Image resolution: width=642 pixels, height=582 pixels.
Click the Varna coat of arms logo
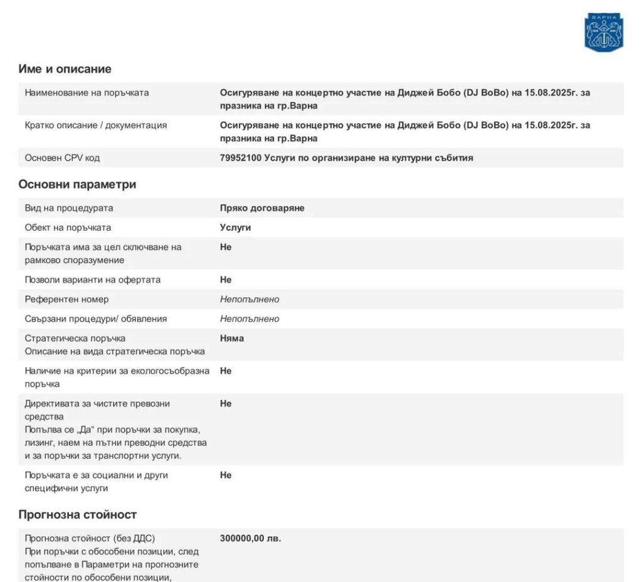coord(604,32)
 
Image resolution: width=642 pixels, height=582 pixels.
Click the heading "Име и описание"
coord(65,69)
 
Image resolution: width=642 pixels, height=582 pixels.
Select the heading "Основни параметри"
coord(77,185)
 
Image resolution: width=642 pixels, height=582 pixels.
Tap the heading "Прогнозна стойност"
coord(77,515)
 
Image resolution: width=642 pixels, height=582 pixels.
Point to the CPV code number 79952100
coord(241,158)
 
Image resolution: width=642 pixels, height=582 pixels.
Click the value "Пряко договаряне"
coord(262,208)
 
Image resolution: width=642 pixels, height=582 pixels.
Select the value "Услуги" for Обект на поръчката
coord(235,227)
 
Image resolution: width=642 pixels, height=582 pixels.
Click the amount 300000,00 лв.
coord(250,538)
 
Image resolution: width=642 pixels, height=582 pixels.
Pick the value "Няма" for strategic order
coord(232,338)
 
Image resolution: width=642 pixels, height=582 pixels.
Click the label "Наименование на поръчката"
coord(87,93)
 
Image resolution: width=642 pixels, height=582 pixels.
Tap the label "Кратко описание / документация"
coord(95,126)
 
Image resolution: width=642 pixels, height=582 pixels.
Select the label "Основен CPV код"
coord(62,158)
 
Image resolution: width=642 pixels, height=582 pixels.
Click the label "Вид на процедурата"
coord(69,208)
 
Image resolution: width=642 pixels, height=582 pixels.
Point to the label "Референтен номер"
coord(66,299)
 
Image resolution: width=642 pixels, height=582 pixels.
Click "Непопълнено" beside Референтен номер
coord(250,299)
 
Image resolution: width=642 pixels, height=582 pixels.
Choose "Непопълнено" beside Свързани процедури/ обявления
coord(250,319)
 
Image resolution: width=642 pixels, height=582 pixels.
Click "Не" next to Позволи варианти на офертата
coord(226,280)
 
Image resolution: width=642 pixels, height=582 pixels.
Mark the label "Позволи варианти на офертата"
coord(92,280)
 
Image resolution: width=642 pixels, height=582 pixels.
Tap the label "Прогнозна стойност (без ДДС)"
coord(90,538)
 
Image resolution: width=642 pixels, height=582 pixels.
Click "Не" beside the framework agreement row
coord(226,247)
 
